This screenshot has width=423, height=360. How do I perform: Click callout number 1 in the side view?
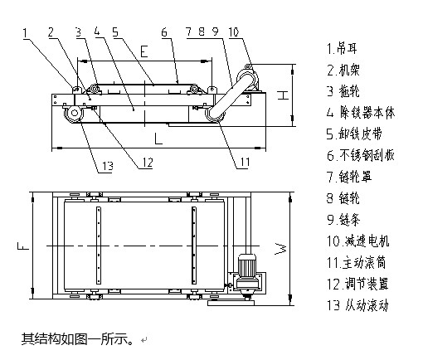coord(25,33)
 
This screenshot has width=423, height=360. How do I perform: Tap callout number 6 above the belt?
coord(164,32)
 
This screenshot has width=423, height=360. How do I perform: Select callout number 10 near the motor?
coord(234,32)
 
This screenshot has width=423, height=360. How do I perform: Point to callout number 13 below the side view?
coord(108,166)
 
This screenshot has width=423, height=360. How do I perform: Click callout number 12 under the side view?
coord(148,163)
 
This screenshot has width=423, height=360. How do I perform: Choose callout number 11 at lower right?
coord(245,163)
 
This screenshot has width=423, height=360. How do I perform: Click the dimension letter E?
coord(144,51)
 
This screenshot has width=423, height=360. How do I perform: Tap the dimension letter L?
coord(158,139)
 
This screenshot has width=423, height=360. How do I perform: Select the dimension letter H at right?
coord(283,95)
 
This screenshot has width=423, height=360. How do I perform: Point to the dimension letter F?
coord(23,246)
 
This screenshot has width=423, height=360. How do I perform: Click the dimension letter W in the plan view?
coord(280,249)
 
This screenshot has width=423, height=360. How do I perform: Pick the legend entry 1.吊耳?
coord(342,49)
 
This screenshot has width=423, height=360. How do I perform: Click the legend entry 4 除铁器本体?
coord(361,113)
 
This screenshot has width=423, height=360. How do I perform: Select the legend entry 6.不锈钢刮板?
coord(361,155)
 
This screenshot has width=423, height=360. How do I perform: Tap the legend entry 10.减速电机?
coord(358,241)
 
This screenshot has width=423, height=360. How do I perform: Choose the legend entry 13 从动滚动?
coord(357,305)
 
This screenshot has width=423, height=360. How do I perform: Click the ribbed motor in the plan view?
coord(247,265)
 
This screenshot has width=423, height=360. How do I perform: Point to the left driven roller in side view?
coord(74,113)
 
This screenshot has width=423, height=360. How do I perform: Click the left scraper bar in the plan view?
coord(99,246)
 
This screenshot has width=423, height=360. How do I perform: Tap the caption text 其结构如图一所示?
coord(77,338)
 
